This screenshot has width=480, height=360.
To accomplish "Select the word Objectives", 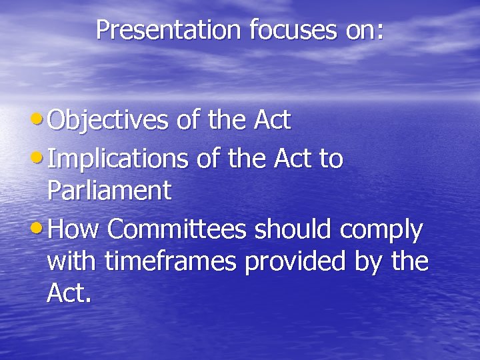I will (109, 121).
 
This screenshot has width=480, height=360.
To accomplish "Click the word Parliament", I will (109, 192).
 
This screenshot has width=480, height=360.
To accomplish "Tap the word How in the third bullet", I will (74, 230).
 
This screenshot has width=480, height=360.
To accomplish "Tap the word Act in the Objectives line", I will (273, 121).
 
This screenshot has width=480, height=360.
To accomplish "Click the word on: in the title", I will (363, 29).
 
